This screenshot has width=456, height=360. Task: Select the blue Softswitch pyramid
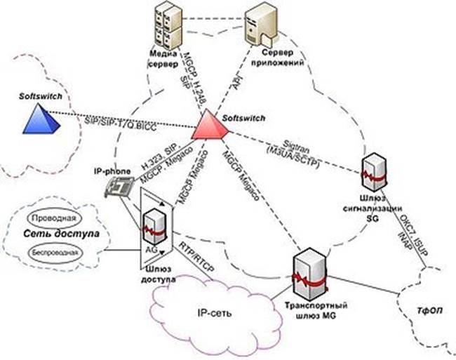click(40, 118)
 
